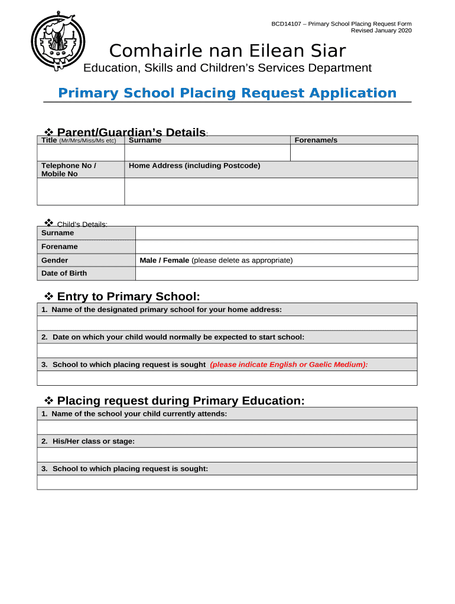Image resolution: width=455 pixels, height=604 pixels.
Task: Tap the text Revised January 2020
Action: click(381, 31)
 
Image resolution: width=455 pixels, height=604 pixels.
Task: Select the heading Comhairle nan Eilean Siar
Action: click(227, 51)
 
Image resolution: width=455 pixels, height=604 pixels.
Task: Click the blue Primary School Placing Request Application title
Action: click(227, 93)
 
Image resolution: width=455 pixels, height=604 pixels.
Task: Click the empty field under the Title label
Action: click(80, 153)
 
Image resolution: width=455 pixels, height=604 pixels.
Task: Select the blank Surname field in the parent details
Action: click(207, 153)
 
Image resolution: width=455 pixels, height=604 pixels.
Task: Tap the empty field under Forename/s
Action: click(353, 153)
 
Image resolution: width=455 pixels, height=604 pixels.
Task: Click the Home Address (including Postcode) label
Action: click(194, 166)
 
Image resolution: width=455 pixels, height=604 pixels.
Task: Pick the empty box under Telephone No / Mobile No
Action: click(80, 192)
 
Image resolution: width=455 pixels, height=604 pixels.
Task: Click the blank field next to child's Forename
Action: click(277, 247)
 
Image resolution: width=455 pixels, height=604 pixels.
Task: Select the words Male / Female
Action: click(164, 260)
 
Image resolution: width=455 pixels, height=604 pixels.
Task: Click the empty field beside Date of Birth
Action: click(277, 273)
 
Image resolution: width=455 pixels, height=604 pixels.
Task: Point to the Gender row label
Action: click(54, 260)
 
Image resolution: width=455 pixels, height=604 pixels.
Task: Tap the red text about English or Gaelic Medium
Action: click(288, 365)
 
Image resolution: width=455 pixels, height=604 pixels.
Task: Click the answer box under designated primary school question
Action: click(227, 323)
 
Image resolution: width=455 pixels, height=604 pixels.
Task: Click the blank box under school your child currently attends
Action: click(227, 428)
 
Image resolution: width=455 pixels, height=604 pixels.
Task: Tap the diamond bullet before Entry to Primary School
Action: click(50, 296)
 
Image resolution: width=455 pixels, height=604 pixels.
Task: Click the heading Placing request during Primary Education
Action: click(181, 401)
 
